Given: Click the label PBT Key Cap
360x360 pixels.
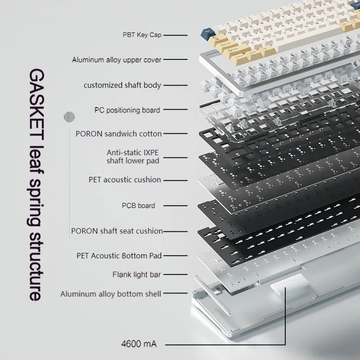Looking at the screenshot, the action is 142,35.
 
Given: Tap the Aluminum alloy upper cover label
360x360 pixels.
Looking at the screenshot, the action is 117,60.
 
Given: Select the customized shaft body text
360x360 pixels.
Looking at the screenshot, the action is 122,85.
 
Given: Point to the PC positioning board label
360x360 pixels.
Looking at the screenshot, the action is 127,110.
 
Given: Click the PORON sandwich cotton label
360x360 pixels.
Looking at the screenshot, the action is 119,134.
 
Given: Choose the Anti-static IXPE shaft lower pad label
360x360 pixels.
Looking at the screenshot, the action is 133,157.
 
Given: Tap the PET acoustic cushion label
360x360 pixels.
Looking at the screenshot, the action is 125,180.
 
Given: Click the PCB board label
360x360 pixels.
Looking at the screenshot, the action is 139,206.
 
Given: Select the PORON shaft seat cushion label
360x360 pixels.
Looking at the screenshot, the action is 117,231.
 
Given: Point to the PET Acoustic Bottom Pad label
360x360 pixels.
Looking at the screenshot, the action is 119,256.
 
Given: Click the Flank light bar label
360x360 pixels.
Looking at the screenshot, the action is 137,274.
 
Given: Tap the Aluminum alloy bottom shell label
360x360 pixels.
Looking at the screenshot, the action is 111,294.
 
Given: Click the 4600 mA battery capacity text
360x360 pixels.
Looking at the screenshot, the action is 139,344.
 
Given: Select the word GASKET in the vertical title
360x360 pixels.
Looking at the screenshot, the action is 37,104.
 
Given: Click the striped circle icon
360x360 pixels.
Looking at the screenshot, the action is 69,117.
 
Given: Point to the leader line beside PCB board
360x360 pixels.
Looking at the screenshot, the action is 175,206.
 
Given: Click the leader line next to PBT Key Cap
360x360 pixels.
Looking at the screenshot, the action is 175,35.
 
